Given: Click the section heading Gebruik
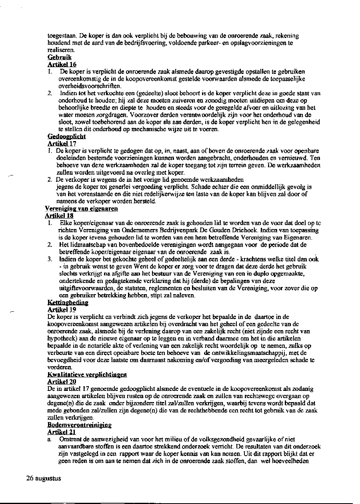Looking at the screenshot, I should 59,58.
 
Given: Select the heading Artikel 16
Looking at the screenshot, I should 62,64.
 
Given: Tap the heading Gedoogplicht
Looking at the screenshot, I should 66,137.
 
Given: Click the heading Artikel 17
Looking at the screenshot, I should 62,143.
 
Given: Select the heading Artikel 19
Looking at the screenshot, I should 62,309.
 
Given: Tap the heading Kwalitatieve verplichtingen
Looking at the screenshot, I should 87,375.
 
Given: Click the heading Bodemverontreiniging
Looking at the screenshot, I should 79,424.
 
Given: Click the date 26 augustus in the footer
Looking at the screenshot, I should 43,478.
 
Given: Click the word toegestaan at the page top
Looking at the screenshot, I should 60,36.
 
